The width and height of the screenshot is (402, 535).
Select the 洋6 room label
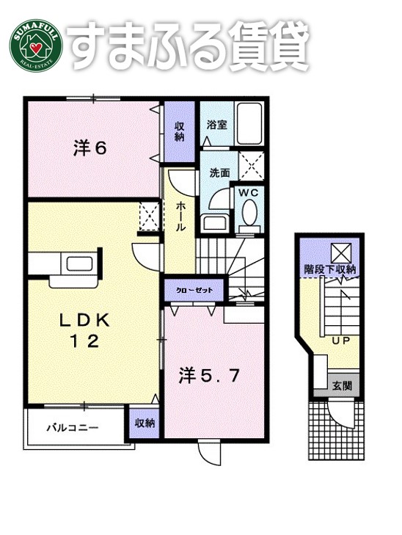click(x=90, y=148)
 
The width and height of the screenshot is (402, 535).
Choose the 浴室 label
click(x=216, y=124)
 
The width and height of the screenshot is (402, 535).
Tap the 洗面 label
click(x=219, y=172)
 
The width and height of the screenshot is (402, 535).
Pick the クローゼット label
click(x=194, y=291)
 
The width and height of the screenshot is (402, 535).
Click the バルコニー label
click(x=72, y=426)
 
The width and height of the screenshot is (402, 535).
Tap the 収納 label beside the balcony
click(x=144, y=423)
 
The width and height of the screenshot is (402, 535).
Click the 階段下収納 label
click(x=329, y=270)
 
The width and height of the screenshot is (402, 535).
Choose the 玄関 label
click(x=341, y=385)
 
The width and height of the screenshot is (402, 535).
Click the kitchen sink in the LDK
click(x=76, y=263)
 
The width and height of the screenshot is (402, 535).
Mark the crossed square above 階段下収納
click(x=341, y=252)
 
